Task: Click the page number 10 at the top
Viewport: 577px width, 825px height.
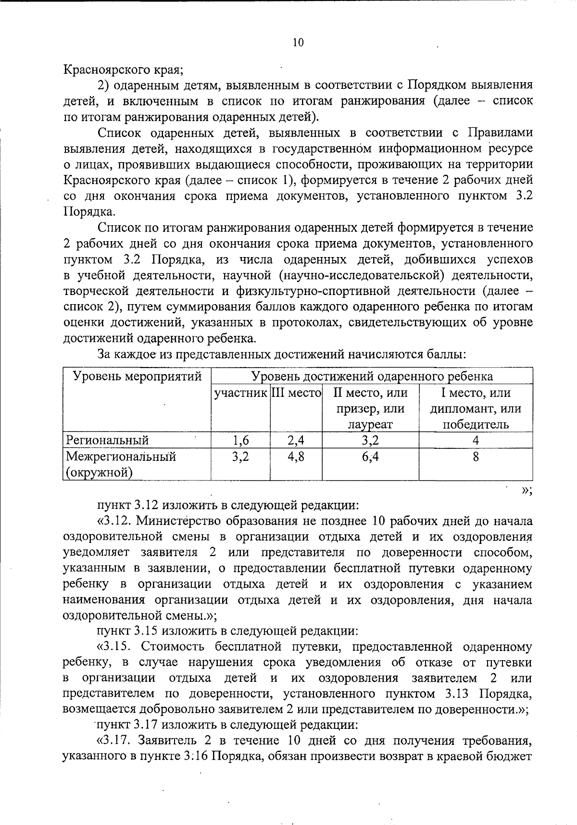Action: pos(298,43)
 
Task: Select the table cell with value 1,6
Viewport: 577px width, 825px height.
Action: pos(240,440)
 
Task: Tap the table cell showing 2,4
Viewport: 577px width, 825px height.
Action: pos(296,440)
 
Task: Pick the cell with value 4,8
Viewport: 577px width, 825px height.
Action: pos(296,456)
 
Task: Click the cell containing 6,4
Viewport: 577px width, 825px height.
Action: pos(370,456)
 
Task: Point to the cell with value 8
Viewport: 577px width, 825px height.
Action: pos(476,456)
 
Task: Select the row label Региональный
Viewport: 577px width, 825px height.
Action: pos(108,440)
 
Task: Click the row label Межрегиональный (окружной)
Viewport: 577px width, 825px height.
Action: pos(121,464)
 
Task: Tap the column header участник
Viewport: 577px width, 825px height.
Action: pos(240,393)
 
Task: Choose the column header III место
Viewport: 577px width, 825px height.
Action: pos(296,393)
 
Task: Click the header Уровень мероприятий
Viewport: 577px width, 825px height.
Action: pos(137,376)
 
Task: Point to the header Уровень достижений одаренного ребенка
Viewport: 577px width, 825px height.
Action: pos(372,376)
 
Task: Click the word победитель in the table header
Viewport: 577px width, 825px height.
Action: pos(476,425)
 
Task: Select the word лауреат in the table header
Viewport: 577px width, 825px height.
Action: pos(370,425)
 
